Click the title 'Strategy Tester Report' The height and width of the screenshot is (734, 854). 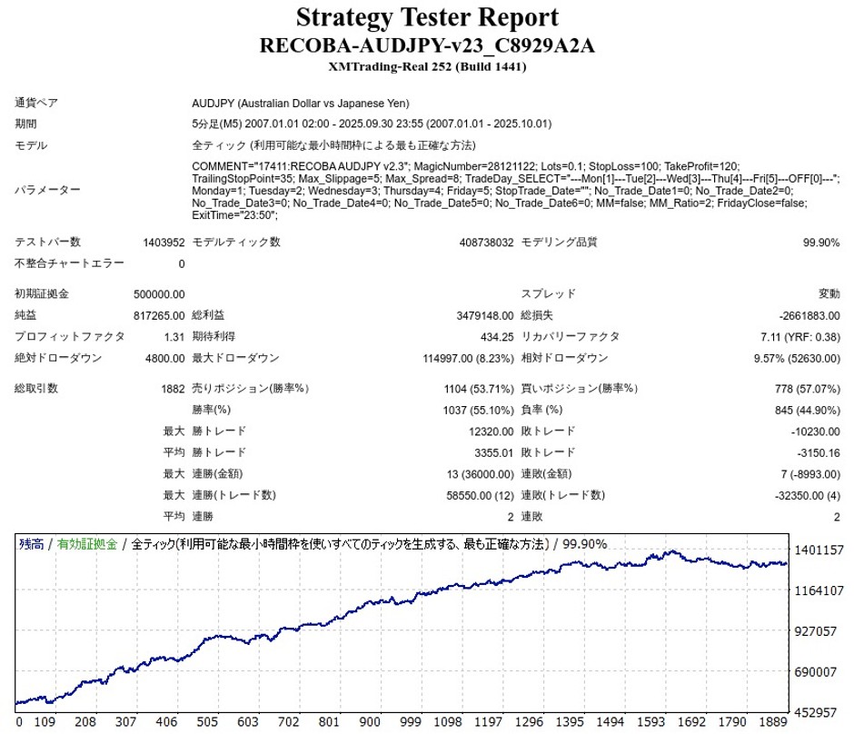coord(426,17)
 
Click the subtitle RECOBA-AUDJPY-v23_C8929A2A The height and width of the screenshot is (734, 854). coord(426,45)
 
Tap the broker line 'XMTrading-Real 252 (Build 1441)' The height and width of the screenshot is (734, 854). coord(426,66)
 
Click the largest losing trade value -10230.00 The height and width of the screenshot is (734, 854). coord(809,431)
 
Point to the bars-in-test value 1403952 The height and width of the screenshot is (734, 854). coord(164,243)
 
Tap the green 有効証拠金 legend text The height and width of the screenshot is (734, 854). coord(87,544)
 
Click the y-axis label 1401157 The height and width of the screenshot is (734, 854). coord(819,550)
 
